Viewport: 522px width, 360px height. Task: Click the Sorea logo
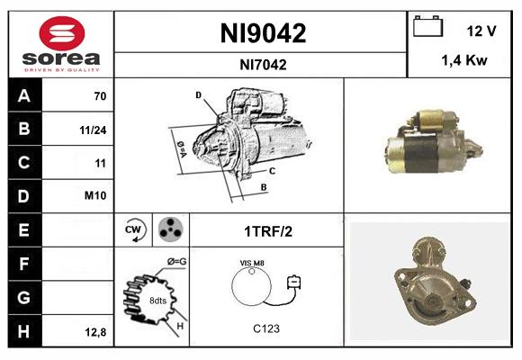tap(61, 45)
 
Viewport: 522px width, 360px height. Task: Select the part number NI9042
tap(263, 33)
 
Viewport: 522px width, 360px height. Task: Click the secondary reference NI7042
tap(263, 64)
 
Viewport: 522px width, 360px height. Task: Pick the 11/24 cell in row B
tap(94, 129)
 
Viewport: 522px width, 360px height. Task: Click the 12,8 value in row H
tap(94, 332)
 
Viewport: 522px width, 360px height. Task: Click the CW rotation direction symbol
tap(133, 229)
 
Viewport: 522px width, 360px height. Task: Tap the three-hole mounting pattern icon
tap(167, 229)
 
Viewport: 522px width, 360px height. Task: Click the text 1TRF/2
tap(268, 231)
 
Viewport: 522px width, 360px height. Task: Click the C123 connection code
tap(265, 328)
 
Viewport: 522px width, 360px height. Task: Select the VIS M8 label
tap(251, 262)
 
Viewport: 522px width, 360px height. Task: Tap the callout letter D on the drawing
tap(198, 94)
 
